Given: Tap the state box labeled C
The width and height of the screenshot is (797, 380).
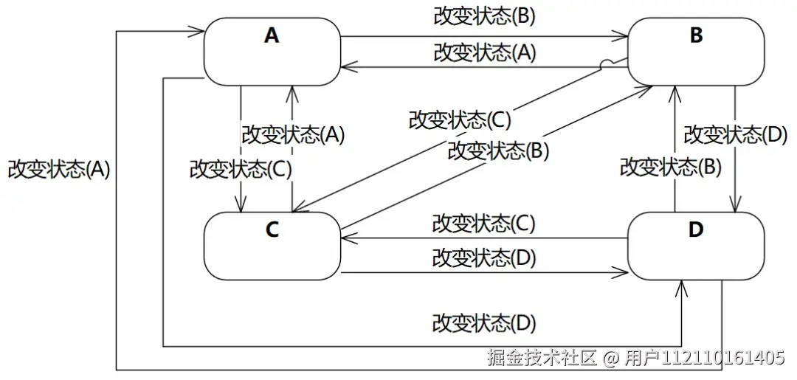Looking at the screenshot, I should pyautogui.click(x=272, y=246).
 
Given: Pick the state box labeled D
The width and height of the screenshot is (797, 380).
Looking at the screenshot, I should pyautogui.click(x=695, y=246).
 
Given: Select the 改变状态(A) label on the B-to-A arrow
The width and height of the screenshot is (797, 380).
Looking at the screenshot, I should pyautogui.click(x=484, y=52).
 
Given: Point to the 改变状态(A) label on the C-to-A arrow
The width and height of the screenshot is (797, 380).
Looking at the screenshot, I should pyautogui.click(x=293, y=135).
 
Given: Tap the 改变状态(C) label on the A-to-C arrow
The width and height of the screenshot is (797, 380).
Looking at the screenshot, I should pyautogui.click(x=241, y=169).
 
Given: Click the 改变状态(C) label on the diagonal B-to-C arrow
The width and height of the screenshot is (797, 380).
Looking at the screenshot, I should pyautogui.click(x=460, y=119).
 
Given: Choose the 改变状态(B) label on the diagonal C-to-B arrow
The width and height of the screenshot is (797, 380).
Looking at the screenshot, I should pyautogui.click(x=499, y=151).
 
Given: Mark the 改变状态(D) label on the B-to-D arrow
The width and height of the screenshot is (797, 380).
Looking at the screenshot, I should pyautogui.click(x=735, y=135).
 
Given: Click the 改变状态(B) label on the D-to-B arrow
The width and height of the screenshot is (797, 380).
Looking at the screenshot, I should pyautogui.click(x=670, y=167).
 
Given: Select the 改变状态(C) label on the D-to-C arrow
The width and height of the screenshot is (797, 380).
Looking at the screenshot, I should pyautogui.click(x=483, y=223).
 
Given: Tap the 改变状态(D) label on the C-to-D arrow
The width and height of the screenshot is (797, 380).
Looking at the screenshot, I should pyautogui.click(x=483, y=258).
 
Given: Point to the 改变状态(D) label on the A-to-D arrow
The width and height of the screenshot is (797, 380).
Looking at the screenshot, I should pyautogui.click(x=483, y=323).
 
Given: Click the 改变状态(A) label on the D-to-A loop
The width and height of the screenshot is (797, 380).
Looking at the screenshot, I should pyautogui.click(x=59, y=169).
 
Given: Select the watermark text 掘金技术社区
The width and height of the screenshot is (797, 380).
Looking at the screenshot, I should pyautogui.click(x=542, y=359).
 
